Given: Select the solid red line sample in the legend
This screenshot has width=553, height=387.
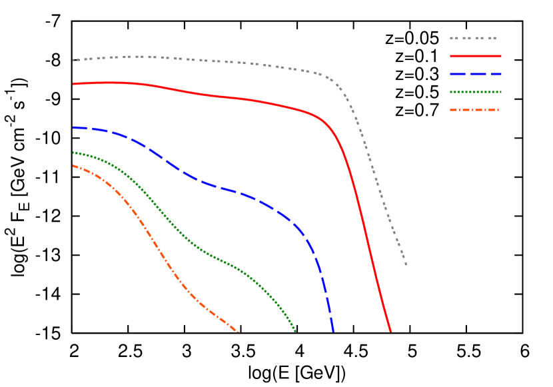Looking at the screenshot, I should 475,57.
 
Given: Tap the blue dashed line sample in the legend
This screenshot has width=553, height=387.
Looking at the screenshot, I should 475,74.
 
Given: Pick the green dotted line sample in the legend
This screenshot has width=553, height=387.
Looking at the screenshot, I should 475,92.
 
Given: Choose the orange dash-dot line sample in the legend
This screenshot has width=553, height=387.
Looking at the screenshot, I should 474,110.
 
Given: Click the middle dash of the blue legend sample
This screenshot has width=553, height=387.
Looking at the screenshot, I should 476,74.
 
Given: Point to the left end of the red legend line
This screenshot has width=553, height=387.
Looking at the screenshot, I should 451,57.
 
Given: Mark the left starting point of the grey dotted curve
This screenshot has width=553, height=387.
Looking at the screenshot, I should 73,60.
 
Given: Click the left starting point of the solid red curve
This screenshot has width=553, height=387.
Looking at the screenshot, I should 73,84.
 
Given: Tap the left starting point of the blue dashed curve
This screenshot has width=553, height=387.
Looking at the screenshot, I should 73,127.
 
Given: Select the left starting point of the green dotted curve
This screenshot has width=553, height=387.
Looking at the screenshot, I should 73,153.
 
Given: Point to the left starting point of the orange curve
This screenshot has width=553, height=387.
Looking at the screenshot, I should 73,166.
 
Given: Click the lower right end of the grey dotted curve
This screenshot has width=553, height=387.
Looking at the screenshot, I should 406,264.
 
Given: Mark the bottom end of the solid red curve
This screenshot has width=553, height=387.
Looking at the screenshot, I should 391,331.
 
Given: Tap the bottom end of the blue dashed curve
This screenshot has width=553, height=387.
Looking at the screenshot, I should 332,331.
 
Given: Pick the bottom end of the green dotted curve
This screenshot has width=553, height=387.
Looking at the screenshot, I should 295,331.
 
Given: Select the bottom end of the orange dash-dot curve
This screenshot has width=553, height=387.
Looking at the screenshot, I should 238,332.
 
